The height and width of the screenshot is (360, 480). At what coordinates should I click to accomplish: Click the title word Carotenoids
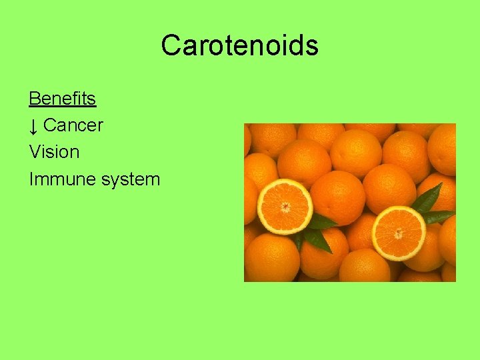tap(239, 45)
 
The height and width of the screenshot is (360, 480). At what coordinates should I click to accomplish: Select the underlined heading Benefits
tap(62, 99)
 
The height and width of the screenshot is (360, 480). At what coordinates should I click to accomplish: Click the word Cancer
tap(73, 125)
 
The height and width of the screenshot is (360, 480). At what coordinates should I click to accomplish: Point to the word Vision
tap(54, 152)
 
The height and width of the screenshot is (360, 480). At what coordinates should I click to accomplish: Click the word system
tap(130, 179)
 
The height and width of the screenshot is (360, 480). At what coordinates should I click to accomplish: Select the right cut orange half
tap(399, 233)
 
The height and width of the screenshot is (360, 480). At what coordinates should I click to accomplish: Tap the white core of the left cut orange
tap(285, 207)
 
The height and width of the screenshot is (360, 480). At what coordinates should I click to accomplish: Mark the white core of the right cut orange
tap(399, 234)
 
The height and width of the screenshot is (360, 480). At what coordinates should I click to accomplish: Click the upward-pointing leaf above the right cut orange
tap(427, 197)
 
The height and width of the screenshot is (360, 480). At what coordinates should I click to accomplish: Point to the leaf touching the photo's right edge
tap(439, 216)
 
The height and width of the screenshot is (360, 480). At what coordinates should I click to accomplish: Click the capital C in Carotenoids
tap(170, 45)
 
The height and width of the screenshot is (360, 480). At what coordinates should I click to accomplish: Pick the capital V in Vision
tap(35, 152)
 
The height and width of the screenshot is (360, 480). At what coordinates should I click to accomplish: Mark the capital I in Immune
tap(31, 179)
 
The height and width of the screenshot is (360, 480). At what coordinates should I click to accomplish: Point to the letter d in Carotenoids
tap(298, 45)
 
